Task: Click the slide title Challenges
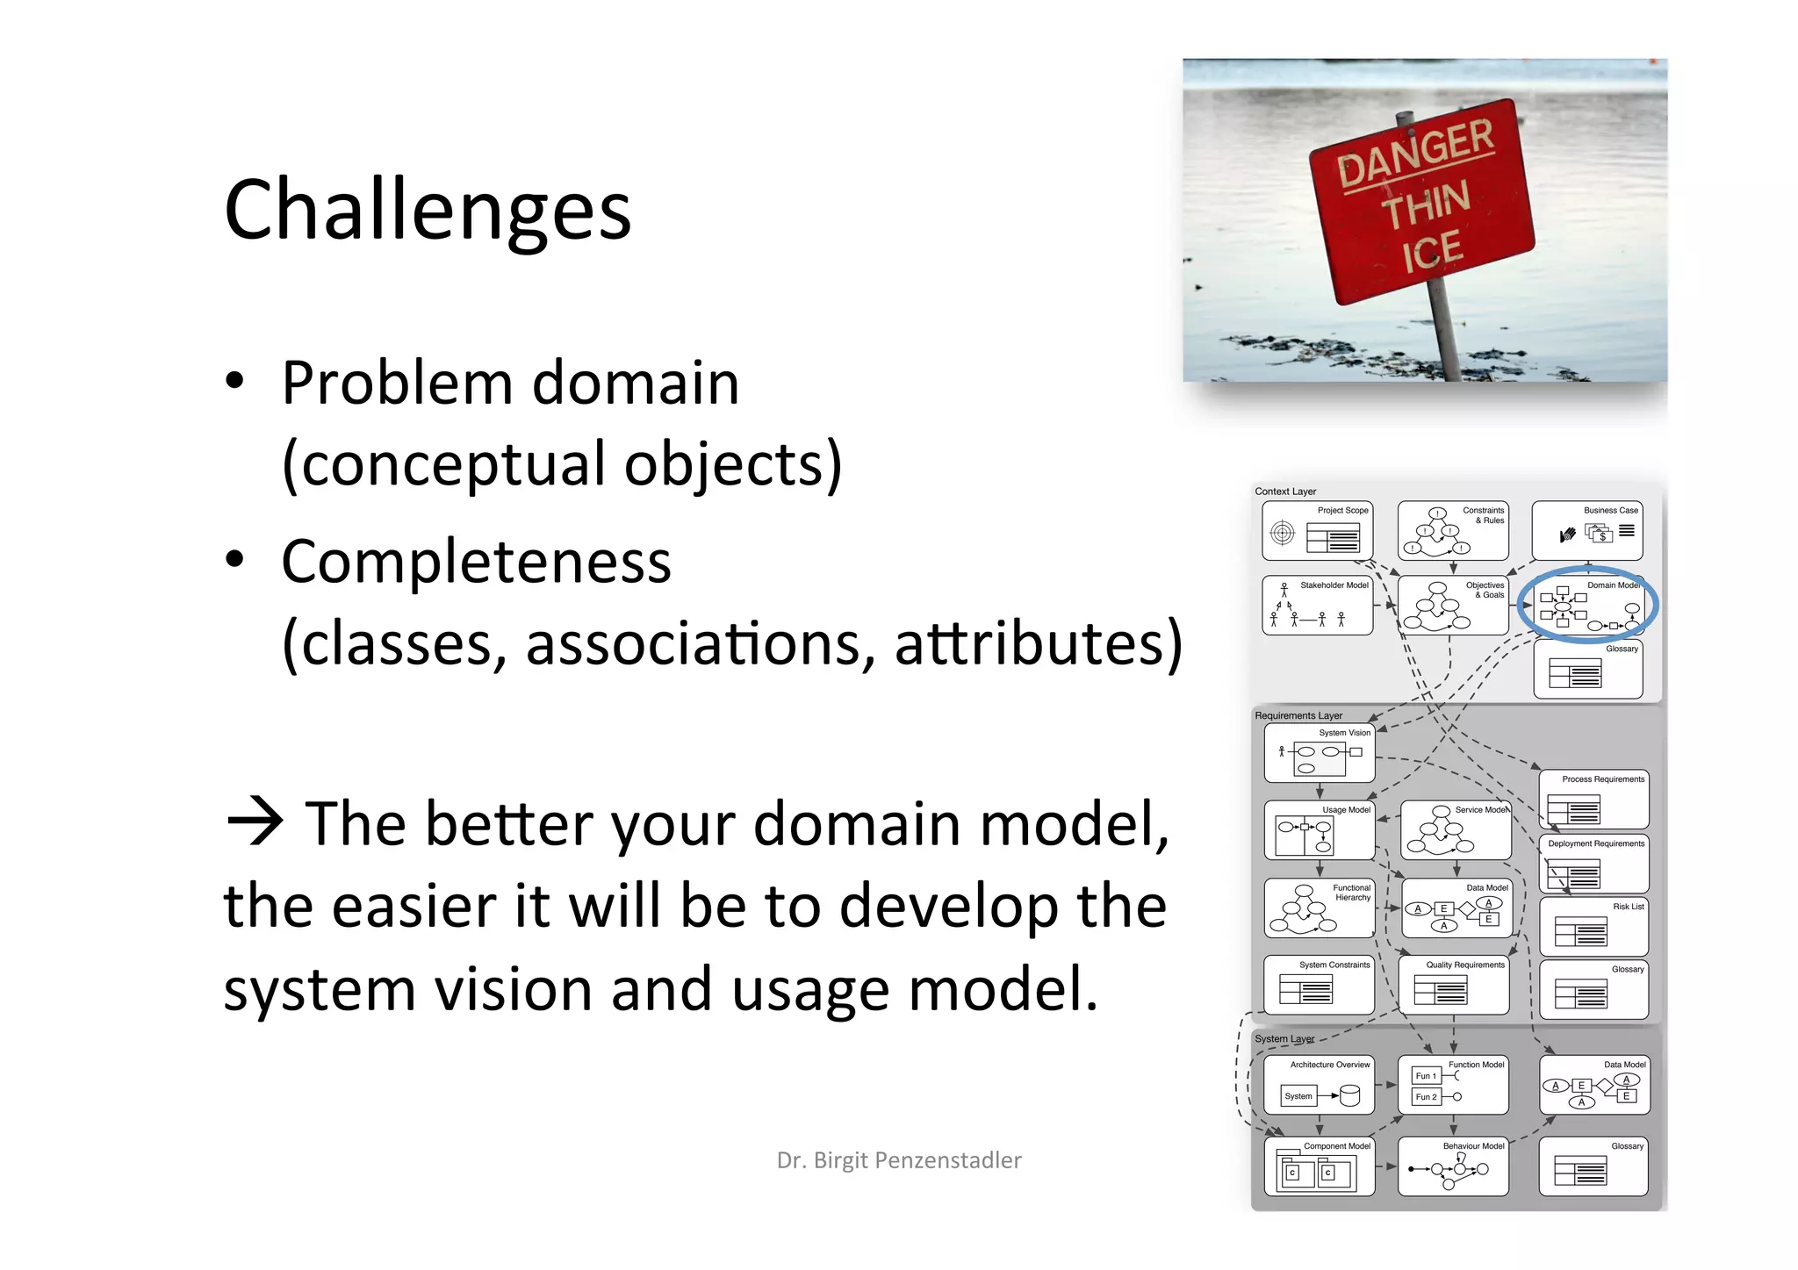click(x=428, y=210)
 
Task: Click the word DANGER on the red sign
click(x=1414, y=154)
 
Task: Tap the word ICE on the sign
click(x=1432, y=253)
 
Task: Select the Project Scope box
click(x=1318, y=531)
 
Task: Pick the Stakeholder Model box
click(x=1317, y=605)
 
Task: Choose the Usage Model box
click(x=1319, y=830)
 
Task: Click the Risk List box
click(x=1593, y=927)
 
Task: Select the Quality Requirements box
click(x=1453, y=985)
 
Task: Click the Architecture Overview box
click(x=1319, y=1086)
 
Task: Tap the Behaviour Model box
click(x=1453, y=1166)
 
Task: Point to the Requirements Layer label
click(x=1298, y=715)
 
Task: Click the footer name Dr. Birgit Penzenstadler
click(x=899, y=1160)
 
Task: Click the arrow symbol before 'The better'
click(x=255, y=822)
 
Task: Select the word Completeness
click(x=476, y=562)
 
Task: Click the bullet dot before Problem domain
click(x=234, y=382)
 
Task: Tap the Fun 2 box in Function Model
click(x=1426, y=1097)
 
